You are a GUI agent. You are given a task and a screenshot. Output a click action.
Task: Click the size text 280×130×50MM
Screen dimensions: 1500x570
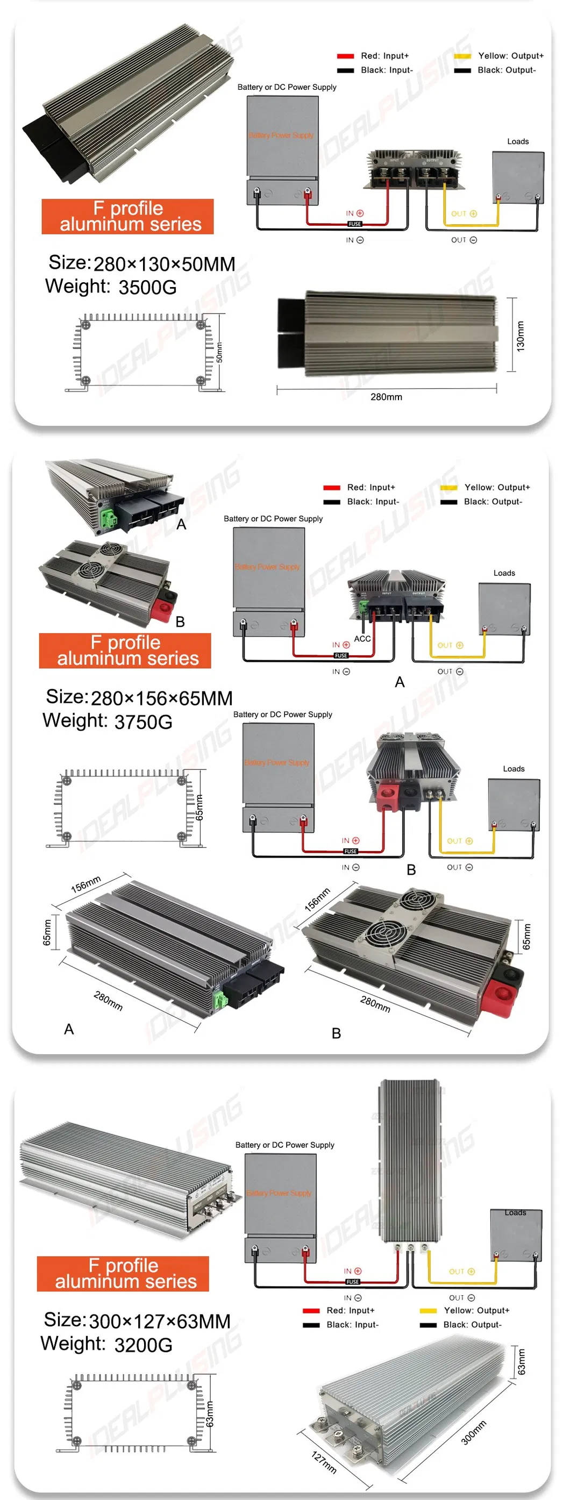(x=164, y=265)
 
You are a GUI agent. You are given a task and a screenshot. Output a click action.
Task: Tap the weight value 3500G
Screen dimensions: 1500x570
(x=147, y=287)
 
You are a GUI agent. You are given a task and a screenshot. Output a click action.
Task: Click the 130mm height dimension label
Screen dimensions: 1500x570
(x=520, y=336)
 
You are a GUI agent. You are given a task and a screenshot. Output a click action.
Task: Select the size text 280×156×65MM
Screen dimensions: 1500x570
(x=161, y=698)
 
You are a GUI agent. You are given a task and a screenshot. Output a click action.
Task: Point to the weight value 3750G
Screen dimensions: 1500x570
(x=143, y=722)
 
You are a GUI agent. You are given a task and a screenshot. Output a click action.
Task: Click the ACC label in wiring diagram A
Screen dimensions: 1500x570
(x=362, y=639)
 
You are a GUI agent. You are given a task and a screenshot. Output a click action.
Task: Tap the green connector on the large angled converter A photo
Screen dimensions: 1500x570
(x=220, y=1001)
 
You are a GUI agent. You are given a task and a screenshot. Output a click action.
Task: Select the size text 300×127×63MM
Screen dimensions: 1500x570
(x=160, y=1321)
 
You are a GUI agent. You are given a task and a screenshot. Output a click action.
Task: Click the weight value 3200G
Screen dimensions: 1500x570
(x=143, y=1345)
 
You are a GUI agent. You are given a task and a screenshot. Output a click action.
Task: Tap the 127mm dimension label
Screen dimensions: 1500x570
(x=324, y=1462)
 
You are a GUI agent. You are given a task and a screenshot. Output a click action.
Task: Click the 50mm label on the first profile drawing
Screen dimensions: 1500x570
(x=219, y=352)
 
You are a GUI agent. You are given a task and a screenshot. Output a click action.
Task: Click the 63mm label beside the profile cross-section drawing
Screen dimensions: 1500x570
(x=210, y=1414)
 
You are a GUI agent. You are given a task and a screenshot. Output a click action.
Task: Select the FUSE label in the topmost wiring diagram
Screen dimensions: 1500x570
(x=354, y=224)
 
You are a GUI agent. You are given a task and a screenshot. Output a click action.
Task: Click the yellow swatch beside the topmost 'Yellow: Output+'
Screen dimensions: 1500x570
(x=462, y=56)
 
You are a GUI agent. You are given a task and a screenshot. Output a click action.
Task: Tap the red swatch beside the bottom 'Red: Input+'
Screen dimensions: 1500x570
(x=311, y=1311)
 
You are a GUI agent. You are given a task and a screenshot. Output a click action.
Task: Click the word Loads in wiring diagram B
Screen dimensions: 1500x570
(x=514, y=769)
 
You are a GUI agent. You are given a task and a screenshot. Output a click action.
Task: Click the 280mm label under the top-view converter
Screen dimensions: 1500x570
(x=386, y=397)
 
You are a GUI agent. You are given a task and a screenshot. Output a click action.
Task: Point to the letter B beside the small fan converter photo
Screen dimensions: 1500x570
(x=181, y=622)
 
